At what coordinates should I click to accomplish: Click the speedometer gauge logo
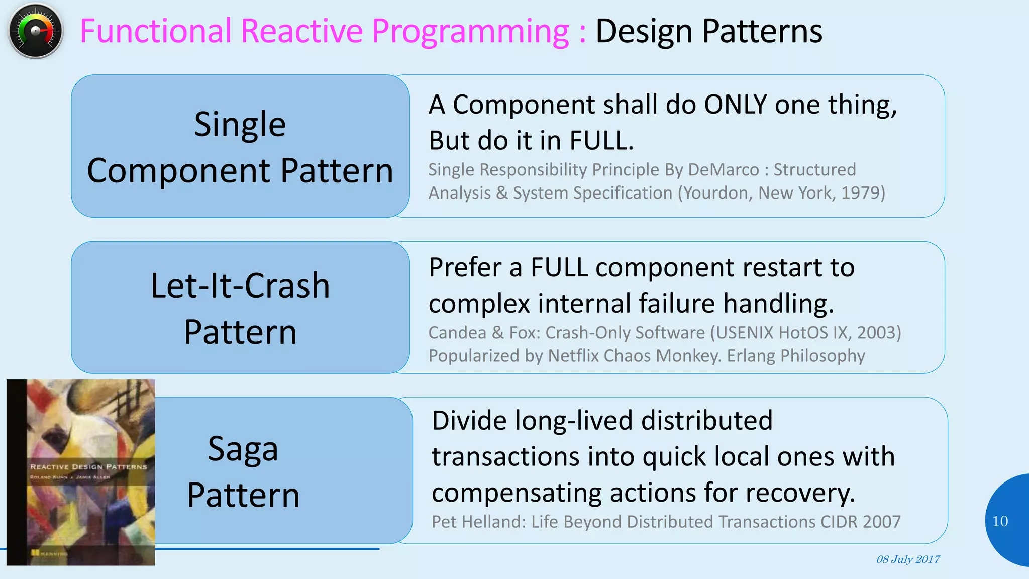[x=35, y=31]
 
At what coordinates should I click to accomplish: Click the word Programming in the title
[x=470, y=31]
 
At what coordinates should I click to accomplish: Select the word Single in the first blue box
[x=240, y=124]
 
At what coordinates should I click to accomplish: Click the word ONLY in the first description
[x=736, y=105]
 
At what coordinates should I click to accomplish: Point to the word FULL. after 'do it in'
[x=601, y=140]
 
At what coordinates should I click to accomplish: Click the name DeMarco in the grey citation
[x=723, y=170]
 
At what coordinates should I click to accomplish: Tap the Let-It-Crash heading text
[x=240, y=285]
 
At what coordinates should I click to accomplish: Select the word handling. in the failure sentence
[x=778, y=304]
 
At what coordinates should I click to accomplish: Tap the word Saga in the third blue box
[x=243, y=449]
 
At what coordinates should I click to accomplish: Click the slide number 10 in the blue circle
[x=1000, y=521]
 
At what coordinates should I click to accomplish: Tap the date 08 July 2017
[x=908, y=559]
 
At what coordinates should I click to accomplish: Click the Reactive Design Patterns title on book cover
[x=88, y=466]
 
